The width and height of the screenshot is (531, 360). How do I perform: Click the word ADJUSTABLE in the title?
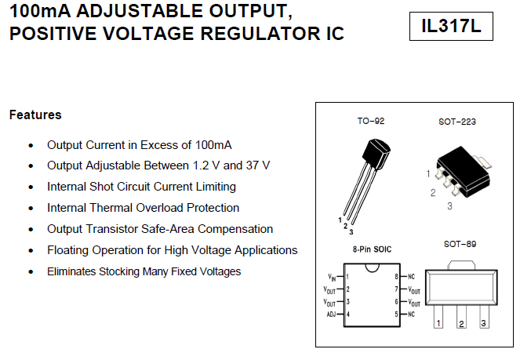pyautogui.click(x=134, y=12)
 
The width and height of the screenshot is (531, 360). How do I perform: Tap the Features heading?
pyautogui.click(x=35, y=115)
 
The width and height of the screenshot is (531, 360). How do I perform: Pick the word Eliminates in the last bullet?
pyautogui.click(x=71, y=271)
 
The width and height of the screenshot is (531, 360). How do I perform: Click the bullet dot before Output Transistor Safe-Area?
pyautogui.click(x=31, y=229)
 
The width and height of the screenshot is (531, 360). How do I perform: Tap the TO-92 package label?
pyautogui.click(x=371, y=122)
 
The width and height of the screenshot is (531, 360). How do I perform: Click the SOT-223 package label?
pyautogui.click(x=457, y=122)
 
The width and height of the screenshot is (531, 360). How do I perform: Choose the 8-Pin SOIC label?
pyautogui.click(x=372, y=249)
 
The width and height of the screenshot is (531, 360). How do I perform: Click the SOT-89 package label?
pyautogui.click(x=460, y=244)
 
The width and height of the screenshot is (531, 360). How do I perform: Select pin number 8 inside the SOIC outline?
pyautogui.click(x=398, y=277)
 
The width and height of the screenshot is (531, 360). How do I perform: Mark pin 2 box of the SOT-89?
pyautogui.click(x=461, y=323)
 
